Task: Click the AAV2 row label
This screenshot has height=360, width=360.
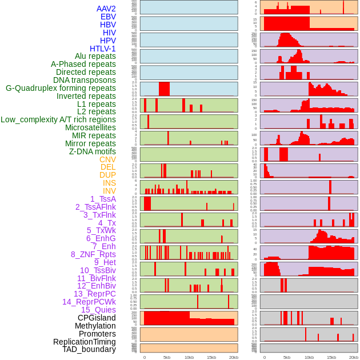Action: coord(106,9)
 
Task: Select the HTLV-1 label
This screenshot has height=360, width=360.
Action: coord(102,49)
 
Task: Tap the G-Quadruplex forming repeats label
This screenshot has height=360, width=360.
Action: coord(61,88)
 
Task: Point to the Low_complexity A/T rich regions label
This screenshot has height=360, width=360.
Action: coord(58,119)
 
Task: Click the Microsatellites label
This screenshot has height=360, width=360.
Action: coord(90,127)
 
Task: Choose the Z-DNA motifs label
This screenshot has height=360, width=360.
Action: coord(92,151)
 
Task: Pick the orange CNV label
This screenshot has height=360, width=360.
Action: coord(107,159)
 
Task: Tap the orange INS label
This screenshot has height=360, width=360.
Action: coord(109,183)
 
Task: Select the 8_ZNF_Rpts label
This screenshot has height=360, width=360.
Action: coord(93,254)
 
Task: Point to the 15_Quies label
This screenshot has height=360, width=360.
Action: coord(98,310)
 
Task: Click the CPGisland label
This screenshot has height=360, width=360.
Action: coord(97,318)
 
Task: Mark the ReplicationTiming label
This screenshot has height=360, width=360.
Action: coord(84,342)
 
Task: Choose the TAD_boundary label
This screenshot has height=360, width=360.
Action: coord(89,349)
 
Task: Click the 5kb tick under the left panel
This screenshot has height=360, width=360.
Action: coord(167,357)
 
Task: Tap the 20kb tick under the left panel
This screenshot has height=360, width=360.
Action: coord(233,357)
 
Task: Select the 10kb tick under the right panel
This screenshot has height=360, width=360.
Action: coord(309,357)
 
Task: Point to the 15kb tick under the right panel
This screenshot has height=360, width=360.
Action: coord(331,357)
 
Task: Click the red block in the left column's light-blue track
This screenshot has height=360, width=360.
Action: coord(164,89)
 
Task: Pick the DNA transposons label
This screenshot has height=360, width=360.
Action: coord(85,80)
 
